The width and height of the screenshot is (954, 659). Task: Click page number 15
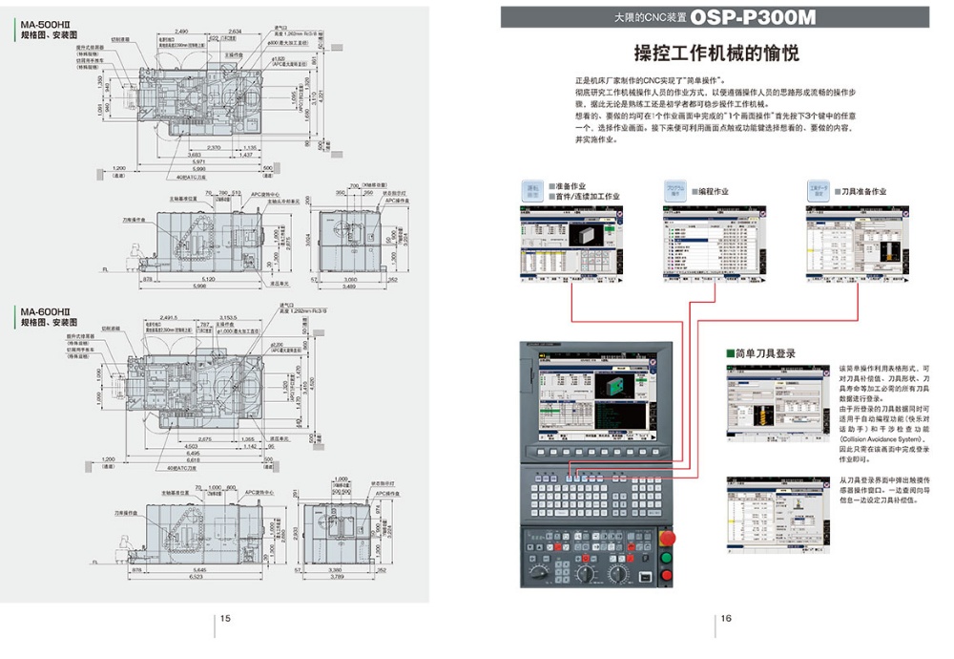(x=225, y=618)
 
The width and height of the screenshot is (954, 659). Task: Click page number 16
(x=726, y=618)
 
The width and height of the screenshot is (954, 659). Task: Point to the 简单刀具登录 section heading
(x=763, y=353)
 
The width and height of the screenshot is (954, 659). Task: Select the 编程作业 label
(x=710, y=191)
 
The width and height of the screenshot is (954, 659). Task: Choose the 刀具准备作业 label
(x=859, y=191)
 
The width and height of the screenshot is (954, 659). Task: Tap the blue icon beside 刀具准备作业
(x=819, y=190)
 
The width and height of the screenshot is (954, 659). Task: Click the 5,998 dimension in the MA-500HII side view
(x=199, y=287)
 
